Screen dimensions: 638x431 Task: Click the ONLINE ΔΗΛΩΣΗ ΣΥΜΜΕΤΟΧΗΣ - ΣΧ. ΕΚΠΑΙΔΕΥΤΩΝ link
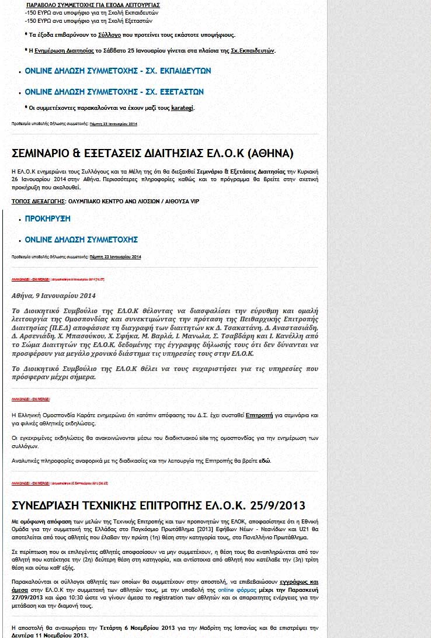coord(117,71)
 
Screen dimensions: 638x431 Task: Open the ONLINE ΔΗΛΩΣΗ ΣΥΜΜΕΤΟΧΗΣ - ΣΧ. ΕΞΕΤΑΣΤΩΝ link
coord(114,92)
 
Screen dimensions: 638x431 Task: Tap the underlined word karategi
coord(182,108)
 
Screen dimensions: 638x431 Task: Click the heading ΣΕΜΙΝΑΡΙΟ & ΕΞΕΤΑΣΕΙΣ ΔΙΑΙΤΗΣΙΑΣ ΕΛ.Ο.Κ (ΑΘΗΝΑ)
coord(152,154)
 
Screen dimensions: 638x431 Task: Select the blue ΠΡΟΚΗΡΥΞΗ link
coord(47,219)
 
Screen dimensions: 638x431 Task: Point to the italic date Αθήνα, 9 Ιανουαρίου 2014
coord(53,296)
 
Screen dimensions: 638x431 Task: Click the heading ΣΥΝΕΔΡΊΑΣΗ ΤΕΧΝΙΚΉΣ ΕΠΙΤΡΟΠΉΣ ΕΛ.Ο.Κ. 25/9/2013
coord(158,505)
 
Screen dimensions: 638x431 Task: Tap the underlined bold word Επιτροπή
coord(259,415)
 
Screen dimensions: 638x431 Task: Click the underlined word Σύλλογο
coord(110,35)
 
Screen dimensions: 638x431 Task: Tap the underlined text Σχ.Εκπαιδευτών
coord(252,51)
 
